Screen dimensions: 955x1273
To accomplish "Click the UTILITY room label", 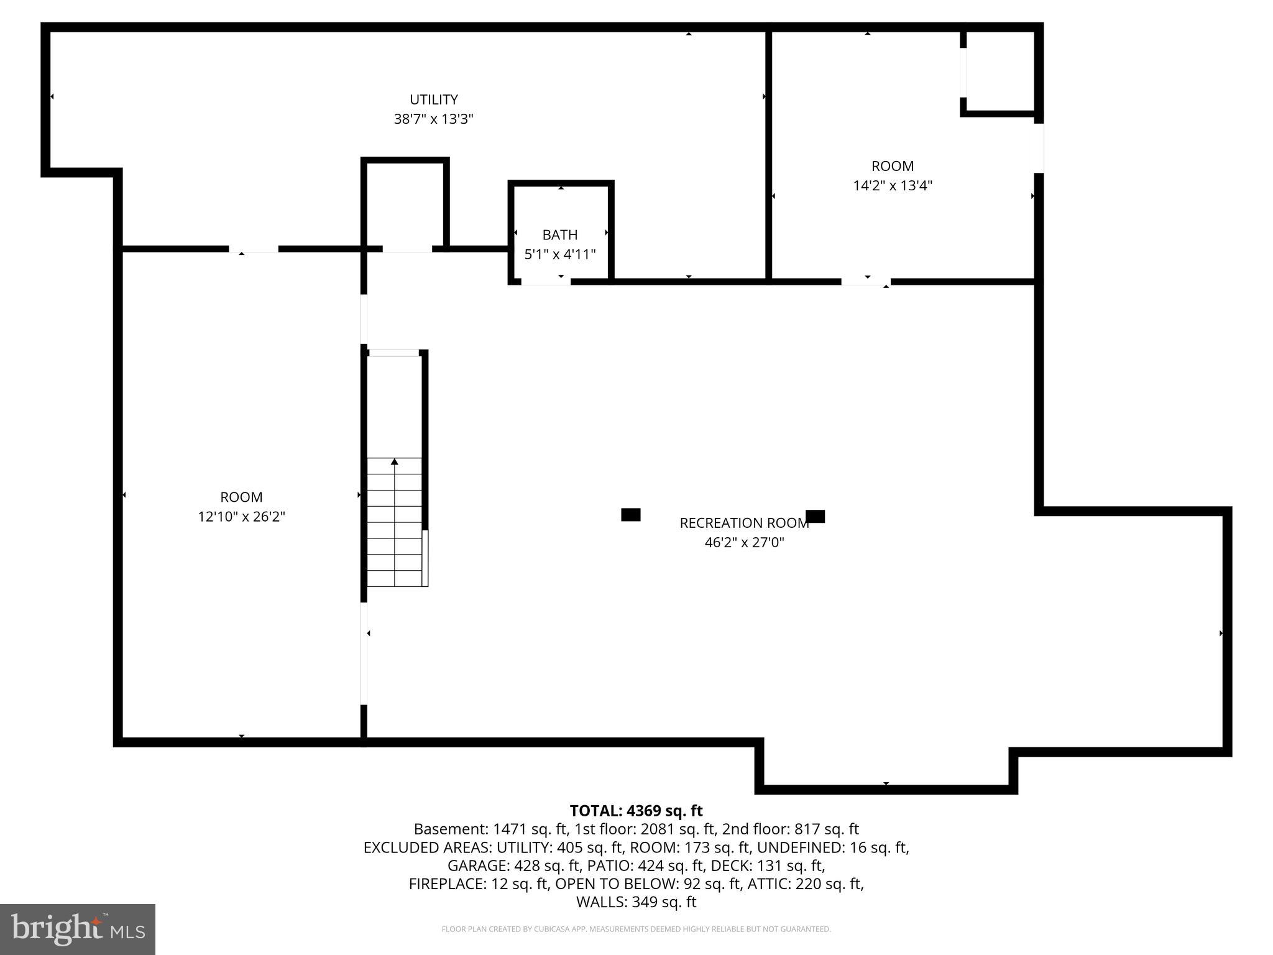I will [x=433, y=99].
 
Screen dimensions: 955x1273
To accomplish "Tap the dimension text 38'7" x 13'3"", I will [x=433, y=119].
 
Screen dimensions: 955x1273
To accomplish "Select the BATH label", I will [x=559, y=234].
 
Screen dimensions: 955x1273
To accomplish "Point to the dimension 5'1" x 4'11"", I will [x=559, y=254].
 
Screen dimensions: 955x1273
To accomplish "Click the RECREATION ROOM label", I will [x=744, y=523].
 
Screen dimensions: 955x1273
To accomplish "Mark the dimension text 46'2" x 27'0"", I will [x=744, y=542].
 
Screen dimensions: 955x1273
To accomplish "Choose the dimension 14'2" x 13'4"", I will [x=892, y=185].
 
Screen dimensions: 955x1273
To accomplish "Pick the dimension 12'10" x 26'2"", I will [x=241, y=516].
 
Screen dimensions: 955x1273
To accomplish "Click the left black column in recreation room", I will [x=630, y=514].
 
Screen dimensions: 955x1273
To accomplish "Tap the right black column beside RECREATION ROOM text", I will [x=815, y=516].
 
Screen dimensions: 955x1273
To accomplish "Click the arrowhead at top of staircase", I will [x=394, y=462].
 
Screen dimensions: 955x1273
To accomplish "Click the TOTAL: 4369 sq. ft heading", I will [x=636, y=811].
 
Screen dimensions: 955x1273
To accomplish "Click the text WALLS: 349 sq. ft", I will [x=636, y=902].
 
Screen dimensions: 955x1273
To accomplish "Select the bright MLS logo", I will [x=78, y=929].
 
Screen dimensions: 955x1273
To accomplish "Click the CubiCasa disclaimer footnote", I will [x=636, y=930].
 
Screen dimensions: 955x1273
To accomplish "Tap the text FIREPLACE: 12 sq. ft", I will [x=478, y=883].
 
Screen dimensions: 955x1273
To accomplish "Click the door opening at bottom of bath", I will [x=545, y=282].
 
